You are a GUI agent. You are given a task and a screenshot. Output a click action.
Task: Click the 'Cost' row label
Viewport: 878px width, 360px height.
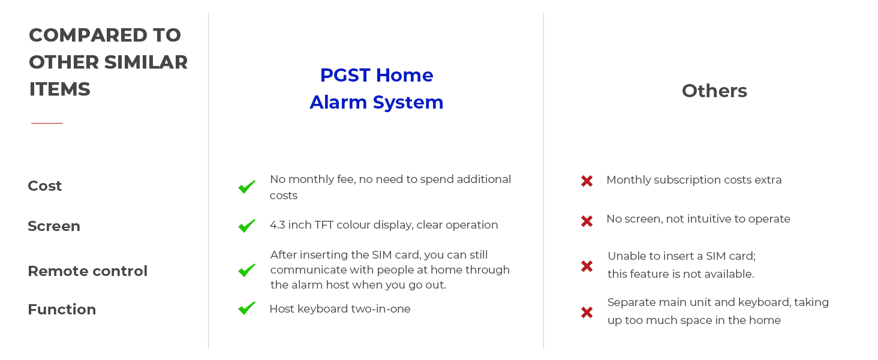coord(45,186)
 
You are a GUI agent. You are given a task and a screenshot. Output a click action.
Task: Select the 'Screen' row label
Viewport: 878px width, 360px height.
coord(54,226)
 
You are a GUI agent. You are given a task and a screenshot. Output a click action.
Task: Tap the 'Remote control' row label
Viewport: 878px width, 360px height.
coord(88,271)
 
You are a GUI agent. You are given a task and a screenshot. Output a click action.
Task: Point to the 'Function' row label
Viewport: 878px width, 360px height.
coord(62,310)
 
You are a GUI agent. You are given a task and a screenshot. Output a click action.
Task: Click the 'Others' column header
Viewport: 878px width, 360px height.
coord(714,91)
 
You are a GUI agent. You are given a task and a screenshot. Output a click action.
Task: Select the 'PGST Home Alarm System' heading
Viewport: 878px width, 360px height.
coord(376,89)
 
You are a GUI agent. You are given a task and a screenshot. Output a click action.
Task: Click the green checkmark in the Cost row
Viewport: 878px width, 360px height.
coord(247,187)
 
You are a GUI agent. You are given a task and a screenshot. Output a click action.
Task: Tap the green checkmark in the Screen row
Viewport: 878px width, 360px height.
coord(247,226)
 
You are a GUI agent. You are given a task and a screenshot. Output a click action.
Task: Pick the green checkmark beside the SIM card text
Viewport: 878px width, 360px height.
coord(247,270)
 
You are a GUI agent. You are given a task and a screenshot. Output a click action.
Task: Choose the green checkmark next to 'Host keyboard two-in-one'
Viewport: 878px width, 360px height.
coord(247,308)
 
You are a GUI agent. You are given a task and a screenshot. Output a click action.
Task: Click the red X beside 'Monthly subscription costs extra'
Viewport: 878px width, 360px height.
coord(587,181)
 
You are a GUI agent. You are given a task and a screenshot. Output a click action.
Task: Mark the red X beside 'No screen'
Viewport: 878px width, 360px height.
coord(587,221)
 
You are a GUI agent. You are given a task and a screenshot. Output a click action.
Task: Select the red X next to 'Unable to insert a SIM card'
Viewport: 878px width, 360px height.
coord(587,266)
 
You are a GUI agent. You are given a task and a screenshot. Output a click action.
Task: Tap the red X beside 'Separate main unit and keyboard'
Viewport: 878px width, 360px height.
coord(587,313)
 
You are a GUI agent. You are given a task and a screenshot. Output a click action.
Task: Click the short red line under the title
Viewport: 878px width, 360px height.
coord(47,123)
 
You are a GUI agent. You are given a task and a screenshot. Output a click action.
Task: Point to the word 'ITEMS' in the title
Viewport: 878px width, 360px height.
coord(59,89)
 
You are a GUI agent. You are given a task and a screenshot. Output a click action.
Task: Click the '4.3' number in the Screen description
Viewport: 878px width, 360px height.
coord(277,225)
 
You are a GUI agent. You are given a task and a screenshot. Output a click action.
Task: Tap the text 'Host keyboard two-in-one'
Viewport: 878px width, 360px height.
coord(340,309)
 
